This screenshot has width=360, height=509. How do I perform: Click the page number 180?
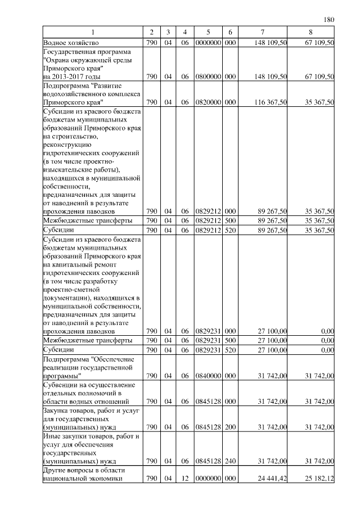[329, 20]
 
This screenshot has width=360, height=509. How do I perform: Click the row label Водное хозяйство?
[71, 42]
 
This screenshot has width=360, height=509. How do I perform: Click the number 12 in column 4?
[184, 479]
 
